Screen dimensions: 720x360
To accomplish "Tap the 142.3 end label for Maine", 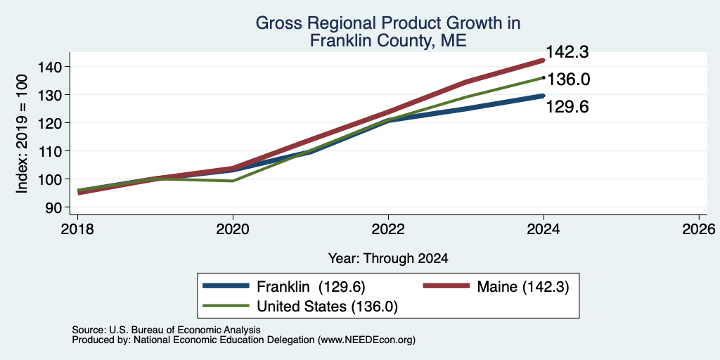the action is pyautogui.click(x=567, y=52).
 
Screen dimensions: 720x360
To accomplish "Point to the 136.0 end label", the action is pyautogui.click(x=568, y=79).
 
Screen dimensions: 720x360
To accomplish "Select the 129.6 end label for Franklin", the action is pyautogui.click(x=567, y=107).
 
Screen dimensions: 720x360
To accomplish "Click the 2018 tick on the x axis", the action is pyautogui.click(x=77, y=229).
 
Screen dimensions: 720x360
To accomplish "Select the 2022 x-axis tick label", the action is pyautogui.click(x=388, y=229).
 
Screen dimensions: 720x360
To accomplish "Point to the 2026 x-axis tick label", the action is pyautogui.click(x=699, y=229).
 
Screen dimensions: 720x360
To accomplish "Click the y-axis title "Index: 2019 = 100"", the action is pyautogui.click(x=22, y=134).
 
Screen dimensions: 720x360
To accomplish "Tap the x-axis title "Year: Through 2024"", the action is pyautogui.click(x=388, y=259).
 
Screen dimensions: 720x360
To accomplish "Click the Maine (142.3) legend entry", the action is pyautogui.click(x=496, y=287).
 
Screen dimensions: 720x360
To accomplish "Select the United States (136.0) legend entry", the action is pyautogui.click(x=300, y=307).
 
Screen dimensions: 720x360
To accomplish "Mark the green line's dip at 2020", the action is pyautogui.click(x=233, y=181).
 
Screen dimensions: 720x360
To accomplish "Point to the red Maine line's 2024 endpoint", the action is pyautogui.click(x=544, y=60).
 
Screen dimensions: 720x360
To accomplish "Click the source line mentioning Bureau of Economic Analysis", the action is pyautogui.click(x=166, y=330).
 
